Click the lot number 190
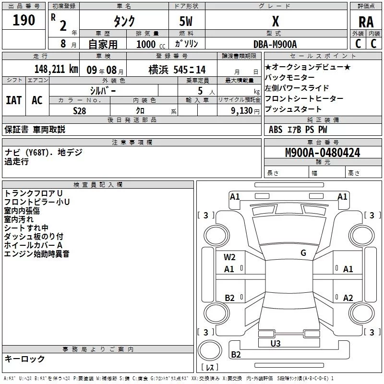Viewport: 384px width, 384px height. coord(24,21)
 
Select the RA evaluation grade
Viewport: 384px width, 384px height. coord(366,22)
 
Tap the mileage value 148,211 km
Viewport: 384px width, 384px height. coord(56,69)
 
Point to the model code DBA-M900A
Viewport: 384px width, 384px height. coord(275,44)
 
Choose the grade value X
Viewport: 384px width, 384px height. coord(275,21)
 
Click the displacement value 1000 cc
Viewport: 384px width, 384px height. coord(150,44)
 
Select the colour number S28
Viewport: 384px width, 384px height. coord(80,110)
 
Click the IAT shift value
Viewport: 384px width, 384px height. coord(13,100)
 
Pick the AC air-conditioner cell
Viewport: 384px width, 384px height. coord(37,100)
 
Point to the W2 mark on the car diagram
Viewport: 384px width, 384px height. coord(229,257)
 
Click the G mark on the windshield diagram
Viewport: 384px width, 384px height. coord(303,253)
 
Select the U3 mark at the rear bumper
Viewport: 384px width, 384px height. coord(276,343)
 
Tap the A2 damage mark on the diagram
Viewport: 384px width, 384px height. coord(348,298)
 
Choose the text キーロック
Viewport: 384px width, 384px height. coord(24,359)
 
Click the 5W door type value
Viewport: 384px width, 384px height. coord(186,21)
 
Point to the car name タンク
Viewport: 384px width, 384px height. coord(124,21)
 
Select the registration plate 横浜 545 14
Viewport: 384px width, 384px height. coord(170,69)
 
